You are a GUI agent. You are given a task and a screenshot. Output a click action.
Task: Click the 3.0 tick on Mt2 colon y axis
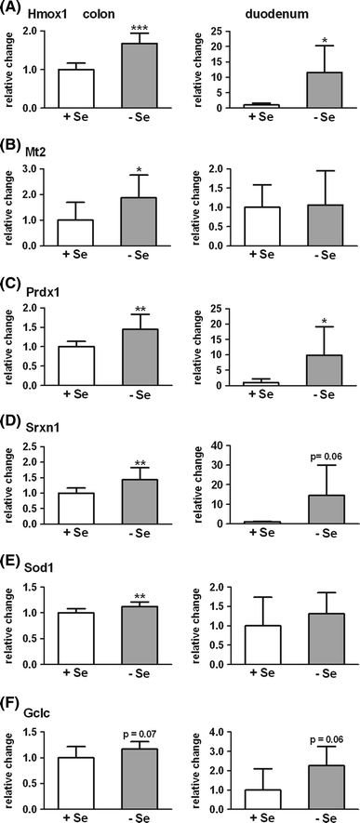click(45, 169)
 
